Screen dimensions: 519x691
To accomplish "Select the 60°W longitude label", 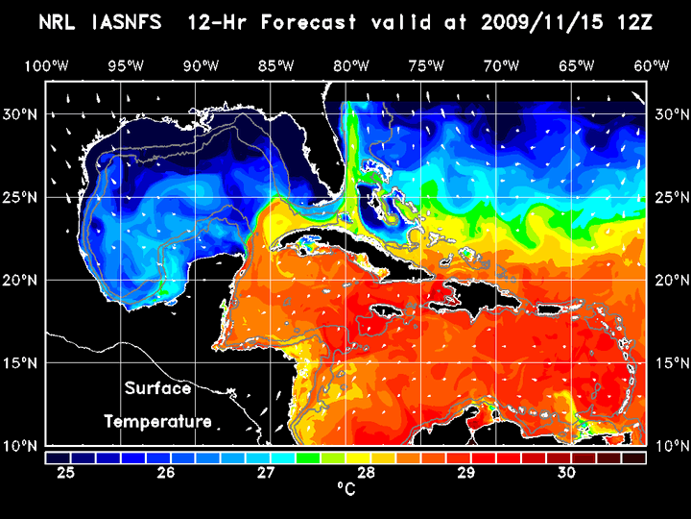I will (x=652, y=66).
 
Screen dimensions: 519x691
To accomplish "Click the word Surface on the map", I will (x=157, y=389).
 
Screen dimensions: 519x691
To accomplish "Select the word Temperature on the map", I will (x=157, y=421).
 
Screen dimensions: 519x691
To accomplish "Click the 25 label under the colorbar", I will (x=66, y=473).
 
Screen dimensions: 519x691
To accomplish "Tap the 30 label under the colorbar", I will (x=565, y=473).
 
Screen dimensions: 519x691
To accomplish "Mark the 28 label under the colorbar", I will (x=366, y=473).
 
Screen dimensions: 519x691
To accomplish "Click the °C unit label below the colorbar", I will (x=345, y=489).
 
